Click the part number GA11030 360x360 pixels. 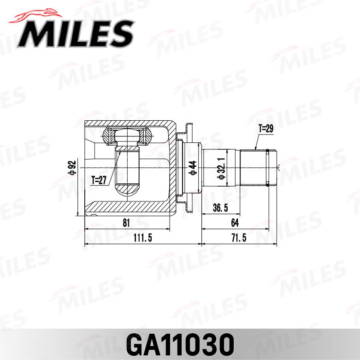[180, 343]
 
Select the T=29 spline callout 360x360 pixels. [266, 129]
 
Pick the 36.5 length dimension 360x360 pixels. [220, 208]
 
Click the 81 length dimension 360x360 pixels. [126, 223]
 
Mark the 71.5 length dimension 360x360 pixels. [240, 238]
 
